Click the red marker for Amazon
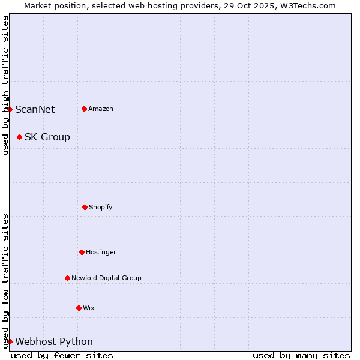(x=84, y=109)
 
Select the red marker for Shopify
(x=85, y=207)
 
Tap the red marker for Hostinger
(x=82, y=252)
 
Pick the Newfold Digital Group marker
(x=67, y=278)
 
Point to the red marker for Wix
(x=79, y=308)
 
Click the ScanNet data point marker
(x=10, y=109)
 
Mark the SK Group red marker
(x=19, y=137)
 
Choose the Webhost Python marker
(x=10, y=341)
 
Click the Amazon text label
(x=101, y=109)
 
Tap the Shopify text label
(x=101, y=207)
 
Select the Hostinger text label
(x=101, y=252)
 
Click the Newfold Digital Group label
(x=106, y=278)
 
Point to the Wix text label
(x=89, y=308)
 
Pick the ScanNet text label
(x=35, y=109)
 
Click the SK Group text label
(x=47, y=137)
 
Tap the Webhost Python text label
(x=54, y=341)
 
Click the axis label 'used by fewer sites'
(x=62, y=355)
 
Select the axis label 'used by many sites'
(x=301, y=355)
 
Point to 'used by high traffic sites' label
(x=5, y=85)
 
